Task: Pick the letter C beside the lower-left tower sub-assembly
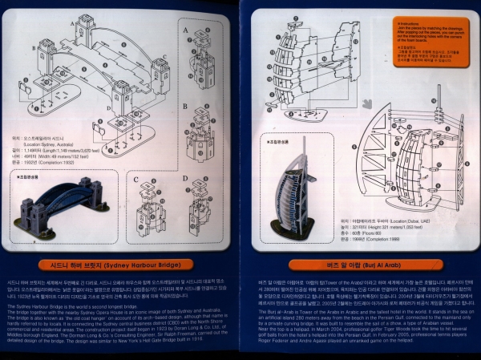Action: point(138,180)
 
